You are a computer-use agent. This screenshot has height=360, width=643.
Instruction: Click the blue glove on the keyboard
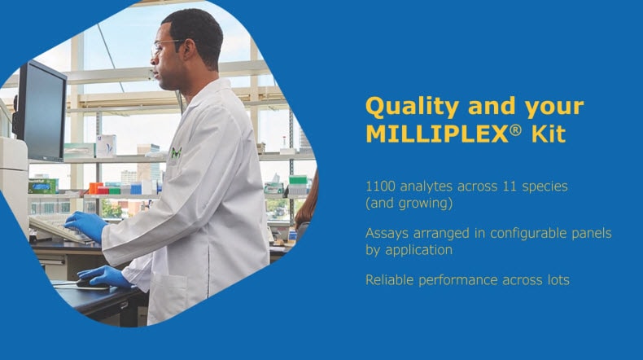tap(85, 225)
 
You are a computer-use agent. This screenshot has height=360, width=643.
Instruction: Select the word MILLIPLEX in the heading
tap(431, 134)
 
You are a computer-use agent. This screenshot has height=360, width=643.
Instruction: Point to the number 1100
tap(381, 187)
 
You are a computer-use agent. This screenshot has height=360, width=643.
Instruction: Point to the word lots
tap(556, 280)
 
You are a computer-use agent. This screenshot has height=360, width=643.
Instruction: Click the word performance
tap(466, 281)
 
